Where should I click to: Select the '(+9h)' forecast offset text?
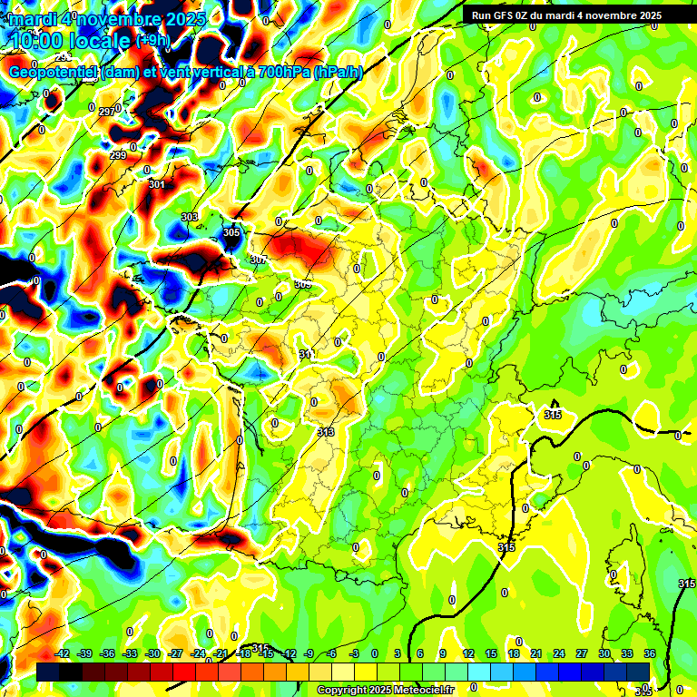(152, 40)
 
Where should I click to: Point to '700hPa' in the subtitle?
(284, 72)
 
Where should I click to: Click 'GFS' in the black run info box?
(511, 15)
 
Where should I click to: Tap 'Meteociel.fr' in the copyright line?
(420, 691)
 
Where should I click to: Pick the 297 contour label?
(106, 112)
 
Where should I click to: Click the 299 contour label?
(118, 155)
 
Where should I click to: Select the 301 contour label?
(156, 184)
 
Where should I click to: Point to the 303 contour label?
(189, 217)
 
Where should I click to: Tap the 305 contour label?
(231, 233)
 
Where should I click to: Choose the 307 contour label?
(259, 260)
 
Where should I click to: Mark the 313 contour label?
(326, 432)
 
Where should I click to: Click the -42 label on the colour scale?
(63, 653)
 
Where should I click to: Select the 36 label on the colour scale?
(650, 653)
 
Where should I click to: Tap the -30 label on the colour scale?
(152, 653)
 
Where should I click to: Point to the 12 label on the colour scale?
(468, 653)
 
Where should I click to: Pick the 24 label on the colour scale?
(559, 653)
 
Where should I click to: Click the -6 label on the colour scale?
(332, 653)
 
